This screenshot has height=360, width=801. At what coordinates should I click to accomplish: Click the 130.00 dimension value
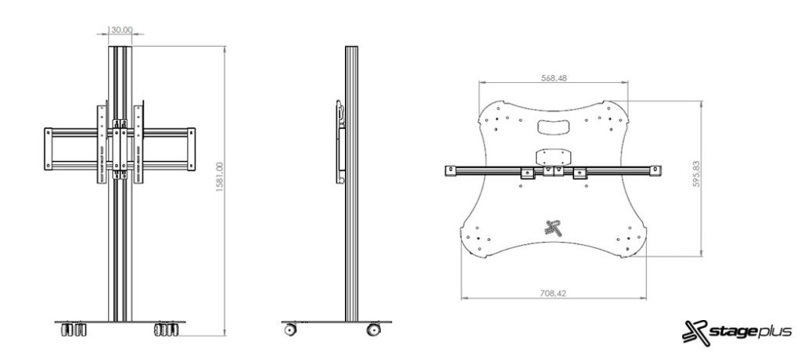(120, 31)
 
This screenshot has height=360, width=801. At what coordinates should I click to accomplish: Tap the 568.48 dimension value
(554, 77)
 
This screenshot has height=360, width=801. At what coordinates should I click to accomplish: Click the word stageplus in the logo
(742, 331)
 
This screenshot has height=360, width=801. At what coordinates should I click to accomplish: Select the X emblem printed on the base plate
(554, 229)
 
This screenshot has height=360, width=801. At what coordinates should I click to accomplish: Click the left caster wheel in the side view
(291, 329)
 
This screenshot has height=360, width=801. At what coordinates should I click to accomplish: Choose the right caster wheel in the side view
(375, 329)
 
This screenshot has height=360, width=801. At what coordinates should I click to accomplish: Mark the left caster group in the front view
(71, 329)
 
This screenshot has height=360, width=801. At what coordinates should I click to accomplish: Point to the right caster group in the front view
(167, 329)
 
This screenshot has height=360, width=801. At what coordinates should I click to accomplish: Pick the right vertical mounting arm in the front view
(139, 145)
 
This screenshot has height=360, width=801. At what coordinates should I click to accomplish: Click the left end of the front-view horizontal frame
(48, 149)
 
